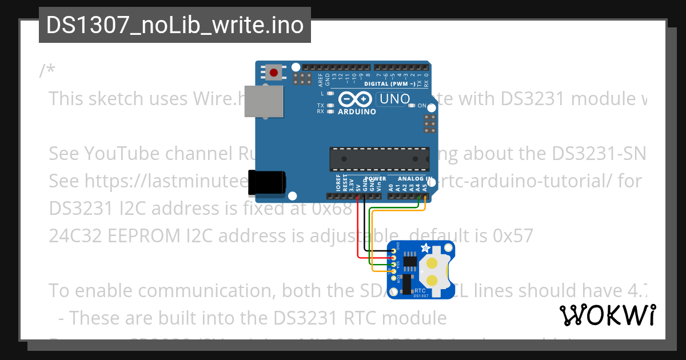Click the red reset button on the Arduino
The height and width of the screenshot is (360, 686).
point(274,73)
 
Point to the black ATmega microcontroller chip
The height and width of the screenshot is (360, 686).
point(379,159)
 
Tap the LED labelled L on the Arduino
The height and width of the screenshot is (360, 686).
point(330,93)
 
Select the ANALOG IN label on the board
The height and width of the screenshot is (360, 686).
point(413,179)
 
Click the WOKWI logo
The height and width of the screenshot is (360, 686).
point(607,315)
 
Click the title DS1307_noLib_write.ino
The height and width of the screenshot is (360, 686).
point(174,25)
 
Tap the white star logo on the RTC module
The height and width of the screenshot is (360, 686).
point(425,247)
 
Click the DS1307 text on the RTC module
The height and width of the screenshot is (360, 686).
point(421,295)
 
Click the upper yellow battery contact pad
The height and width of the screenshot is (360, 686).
point(433,262)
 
